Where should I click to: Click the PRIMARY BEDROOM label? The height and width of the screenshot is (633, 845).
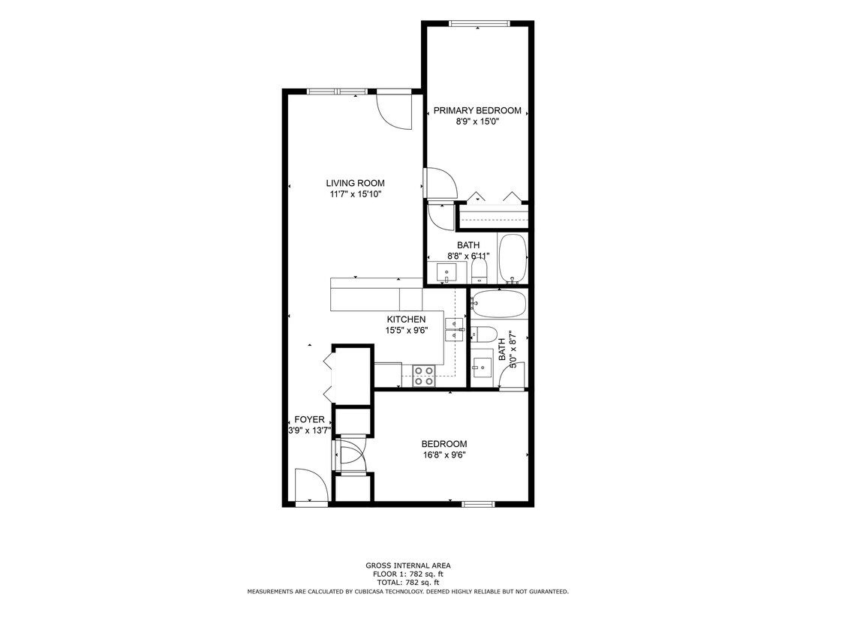pyautogui.click(x=477, y=110)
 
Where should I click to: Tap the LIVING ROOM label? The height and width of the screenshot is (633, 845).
pyautogui.click(x=355, y=183)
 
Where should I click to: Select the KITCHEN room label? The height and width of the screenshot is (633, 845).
pyautogui.click(x=406, y=319)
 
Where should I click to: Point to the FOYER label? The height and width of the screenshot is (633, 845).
pyautogui.click(x=309, y=420)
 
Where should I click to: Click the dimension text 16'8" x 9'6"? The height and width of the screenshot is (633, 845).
pyautogui.click(x=444, y=454)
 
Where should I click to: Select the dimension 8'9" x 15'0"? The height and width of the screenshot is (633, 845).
pyautogui.click(x=477, y=121)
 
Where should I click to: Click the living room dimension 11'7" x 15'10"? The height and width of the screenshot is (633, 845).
pyautogui.click(x=355, y=194)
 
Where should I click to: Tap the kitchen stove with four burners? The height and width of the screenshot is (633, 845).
pyautogui.click(x=423, y=376)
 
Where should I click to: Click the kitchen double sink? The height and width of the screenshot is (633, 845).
pyautogui.click(x=455, y=329)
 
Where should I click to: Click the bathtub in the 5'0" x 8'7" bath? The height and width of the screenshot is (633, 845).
pyautogui.click(x=498, y=304)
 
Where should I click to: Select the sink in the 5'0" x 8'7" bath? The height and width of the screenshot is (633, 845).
pyautogui.click(x=483, y=367)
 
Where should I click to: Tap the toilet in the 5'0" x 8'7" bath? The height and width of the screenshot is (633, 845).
pyautogui.click(x=483, y=334)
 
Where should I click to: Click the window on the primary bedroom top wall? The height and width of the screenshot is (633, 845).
pyautogui.click(x=479, y=23)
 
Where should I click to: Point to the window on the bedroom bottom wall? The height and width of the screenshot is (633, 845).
pyautogui.click(x=478, y=504)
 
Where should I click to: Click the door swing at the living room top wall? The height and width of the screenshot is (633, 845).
pyautogui.click(x=394, y=110)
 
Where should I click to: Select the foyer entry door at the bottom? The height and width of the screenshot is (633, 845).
pyautogui.click(x=311, y=487)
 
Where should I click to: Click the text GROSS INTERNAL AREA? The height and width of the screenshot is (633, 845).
pyautogui.click(x=408, y=565)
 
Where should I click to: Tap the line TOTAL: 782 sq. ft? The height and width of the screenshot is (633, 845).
pyautogui.click(x=408, y=582)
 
